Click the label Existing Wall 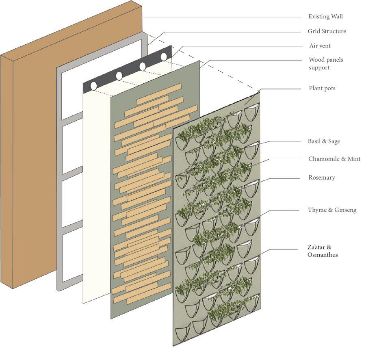[325, 17]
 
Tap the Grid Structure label [327, 31]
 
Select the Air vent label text [320, 46]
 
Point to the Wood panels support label [326, 63]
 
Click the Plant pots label [322, 88]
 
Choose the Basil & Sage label [324, 141]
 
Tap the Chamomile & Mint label [334, 159]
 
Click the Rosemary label [322, 178]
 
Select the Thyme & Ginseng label [332, 210]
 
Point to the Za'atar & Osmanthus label [323, 251]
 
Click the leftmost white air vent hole [93, 86]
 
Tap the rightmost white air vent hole [164, 57]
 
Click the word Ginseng [346, 210]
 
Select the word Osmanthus [323, 255]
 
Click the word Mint [353, 159]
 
